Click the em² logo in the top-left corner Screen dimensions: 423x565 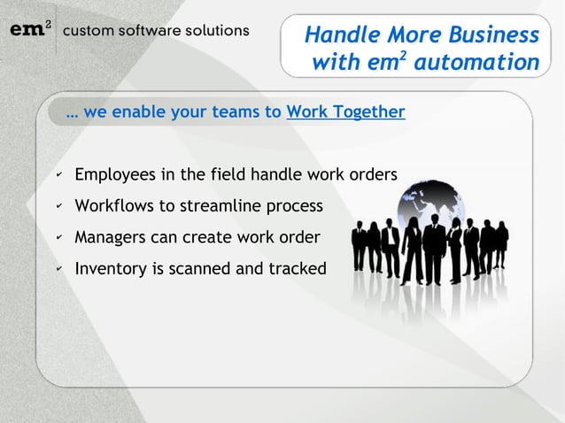[x=29, y=29]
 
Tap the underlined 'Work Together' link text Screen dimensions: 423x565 [x=345, y=112]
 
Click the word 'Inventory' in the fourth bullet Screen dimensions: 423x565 [x=111, y=268]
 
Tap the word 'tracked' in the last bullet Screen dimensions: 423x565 [x=298, y=268]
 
